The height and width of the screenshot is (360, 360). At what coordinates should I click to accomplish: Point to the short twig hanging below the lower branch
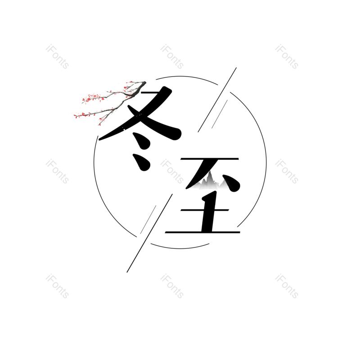pyautogui.click(x=100, y=120)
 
